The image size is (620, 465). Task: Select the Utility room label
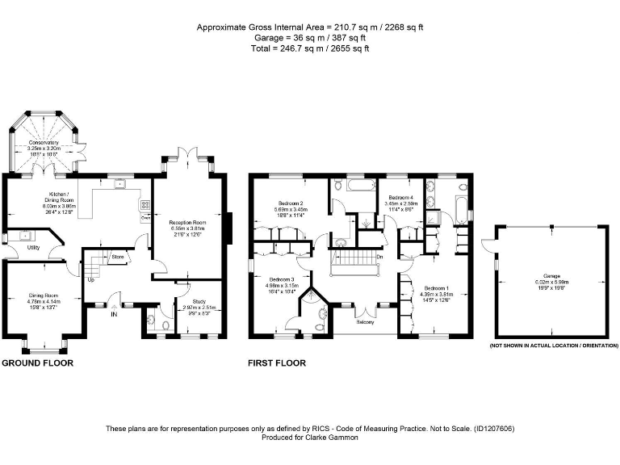click(x=33, y=248)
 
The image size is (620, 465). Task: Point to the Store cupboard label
click(x=117, y=258)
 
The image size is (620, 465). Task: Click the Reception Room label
click(x=187, y=222)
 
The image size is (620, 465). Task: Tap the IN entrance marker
click(x=114, y=315)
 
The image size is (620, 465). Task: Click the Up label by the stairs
click(x=90, y=280)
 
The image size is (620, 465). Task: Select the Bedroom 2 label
click(x=291, y=203)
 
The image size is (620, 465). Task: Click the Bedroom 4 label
click(x=400, y=198)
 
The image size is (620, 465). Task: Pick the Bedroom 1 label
click(x=436, y=288)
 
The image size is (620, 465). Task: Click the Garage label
click(x=553, y=276)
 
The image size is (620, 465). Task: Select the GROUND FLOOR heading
click(x=37, y=363)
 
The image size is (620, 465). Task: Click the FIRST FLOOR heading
click(x=276, y=363)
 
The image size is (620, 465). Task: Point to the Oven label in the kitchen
click(x=145, y=216)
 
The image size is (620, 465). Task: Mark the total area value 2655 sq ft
click(x=348, y=49)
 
